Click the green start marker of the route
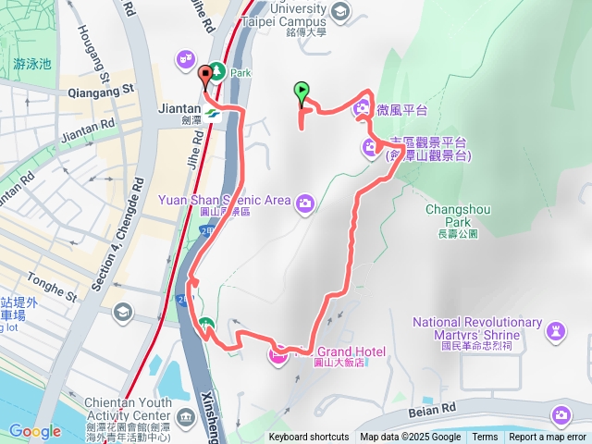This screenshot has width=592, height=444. click(301, 92)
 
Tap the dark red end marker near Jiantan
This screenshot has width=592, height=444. click(203, 73)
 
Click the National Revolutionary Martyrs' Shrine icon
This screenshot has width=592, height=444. click(556, 329)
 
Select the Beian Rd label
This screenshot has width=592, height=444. click(431, 409)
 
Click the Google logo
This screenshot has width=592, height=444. click(34, 431)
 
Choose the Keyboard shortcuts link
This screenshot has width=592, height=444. click(309, 438)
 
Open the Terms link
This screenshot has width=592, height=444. click(485, 438)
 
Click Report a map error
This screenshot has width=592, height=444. click(548, 438)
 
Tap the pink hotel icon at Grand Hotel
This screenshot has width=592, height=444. click(277, 353)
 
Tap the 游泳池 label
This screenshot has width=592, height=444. click(32, 64)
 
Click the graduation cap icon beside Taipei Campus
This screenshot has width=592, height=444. click(339, 11)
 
